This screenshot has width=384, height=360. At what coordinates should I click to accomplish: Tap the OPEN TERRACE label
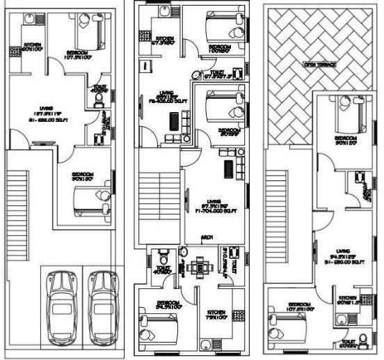pyautogui.click(x=319, y=64)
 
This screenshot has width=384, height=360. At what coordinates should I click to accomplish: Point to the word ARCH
pyautogui.click(x=207, y=237)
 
